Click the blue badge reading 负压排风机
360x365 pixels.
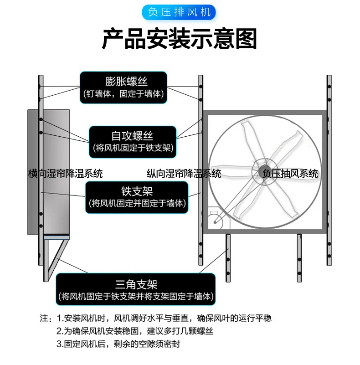(x=180, y=11)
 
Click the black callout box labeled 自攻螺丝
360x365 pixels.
(x=132, y=141)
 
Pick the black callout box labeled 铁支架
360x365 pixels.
(x=137, y=196)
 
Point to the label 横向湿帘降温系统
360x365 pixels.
(x=65, y=174)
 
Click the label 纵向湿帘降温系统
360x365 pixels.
(x=184, y=174)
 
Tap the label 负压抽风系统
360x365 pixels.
(x=290, y=174)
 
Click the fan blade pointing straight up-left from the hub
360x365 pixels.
(x=249, y=139)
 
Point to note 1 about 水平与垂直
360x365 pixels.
(x=164, y=318)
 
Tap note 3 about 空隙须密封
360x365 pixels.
(x=118, y=344)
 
